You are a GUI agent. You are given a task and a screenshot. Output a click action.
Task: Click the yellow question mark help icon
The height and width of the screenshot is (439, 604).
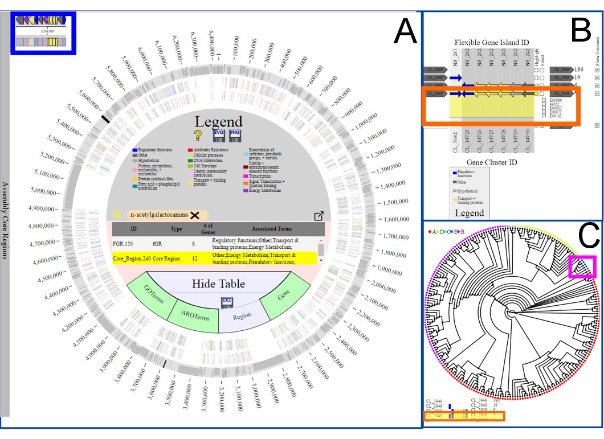198,136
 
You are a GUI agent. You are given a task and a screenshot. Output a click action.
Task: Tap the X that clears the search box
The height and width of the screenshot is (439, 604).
195,215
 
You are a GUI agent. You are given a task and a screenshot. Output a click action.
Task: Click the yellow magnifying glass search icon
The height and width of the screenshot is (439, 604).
117,215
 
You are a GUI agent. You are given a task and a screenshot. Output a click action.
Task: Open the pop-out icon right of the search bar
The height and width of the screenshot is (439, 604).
319,216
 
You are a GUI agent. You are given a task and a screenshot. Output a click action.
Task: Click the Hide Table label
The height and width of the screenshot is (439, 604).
218,284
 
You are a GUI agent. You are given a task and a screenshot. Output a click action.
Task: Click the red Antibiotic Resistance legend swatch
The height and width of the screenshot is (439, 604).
190,150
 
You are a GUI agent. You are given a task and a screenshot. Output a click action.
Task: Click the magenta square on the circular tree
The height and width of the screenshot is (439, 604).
582,266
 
